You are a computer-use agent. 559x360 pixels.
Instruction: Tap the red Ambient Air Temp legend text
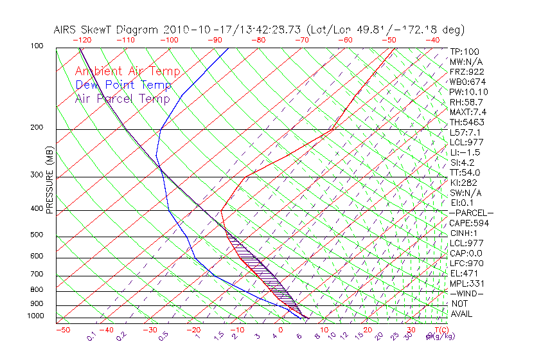pos(128,71)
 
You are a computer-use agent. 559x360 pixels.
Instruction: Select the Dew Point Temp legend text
pos(123,85)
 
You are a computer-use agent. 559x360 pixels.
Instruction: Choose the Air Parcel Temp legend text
pos(123,98)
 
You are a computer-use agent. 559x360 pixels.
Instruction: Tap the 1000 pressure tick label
pos(36,316)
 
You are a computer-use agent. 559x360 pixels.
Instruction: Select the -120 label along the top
pos(82,40)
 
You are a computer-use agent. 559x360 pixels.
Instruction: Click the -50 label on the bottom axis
pos(62,330)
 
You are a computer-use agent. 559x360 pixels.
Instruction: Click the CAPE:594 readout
pos(469,223)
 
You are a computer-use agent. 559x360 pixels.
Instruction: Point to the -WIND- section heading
pos(466,294)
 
